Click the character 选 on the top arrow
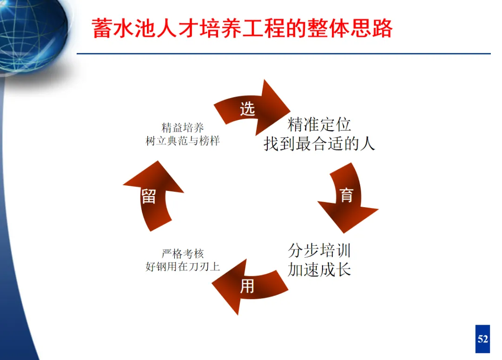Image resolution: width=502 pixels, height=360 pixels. pyautogui.click(x=247, y=109)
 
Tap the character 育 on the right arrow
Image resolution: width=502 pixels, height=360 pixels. pyautogui.click(x=347, y=195)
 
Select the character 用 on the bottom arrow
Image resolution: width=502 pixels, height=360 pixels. pyautogui.click(x=247, y=286)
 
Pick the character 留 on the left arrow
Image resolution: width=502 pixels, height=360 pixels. pyautogui.click(x=148, y=196)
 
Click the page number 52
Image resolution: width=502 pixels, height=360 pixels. pyautogui.click(x=483, y=339)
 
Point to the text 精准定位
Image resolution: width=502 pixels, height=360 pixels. pyautogui.click(x=319, y=124)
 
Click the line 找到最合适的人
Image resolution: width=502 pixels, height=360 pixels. pyautogui.click(x=319, y=144)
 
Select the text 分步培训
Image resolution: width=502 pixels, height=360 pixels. pyautogui.click(x=319, y=251)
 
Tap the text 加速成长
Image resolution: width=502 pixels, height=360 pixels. pyautogui.click(x=319, y=269)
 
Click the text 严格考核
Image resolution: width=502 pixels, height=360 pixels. pyautogui.click(x=183, y=254)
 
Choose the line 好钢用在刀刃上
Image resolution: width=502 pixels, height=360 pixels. pyautogui.click(x=183, y=267)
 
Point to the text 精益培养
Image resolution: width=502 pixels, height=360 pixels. pyautogui.click(x=183, y=128)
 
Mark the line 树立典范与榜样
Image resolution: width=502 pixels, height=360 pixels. pyautogui.click(x=183, y=141)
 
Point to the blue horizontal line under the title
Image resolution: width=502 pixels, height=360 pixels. pyautogui.click(x=284, y=54)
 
